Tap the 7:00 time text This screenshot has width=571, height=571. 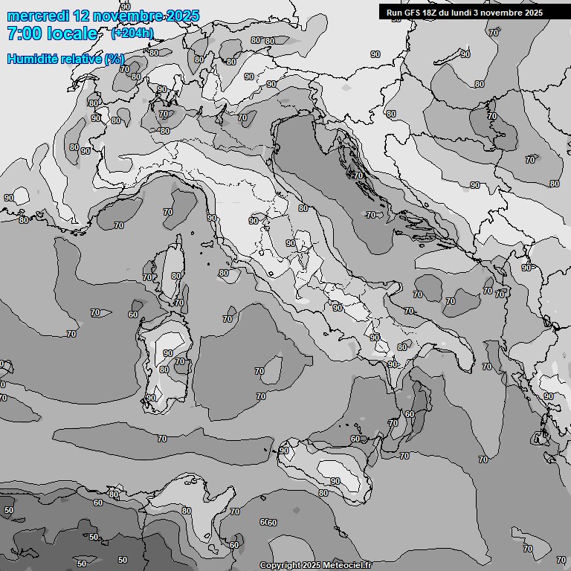coord(22,33)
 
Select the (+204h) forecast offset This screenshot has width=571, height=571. coord(132,33)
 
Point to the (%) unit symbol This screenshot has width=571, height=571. coord(114,59)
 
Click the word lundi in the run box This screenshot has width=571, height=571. coord(461,13)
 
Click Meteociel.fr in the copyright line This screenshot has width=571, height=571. coord(347,565)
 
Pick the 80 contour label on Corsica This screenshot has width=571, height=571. coord(176,276)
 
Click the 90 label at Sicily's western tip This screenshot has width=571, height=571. coord(284,451)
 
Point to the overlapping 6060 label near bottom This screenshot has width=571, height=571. coord(268,523)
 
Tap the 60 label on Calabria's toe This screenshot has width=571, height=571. coord(409,414)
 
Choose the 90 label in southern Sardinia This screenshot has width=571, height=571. coord(151,398)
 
